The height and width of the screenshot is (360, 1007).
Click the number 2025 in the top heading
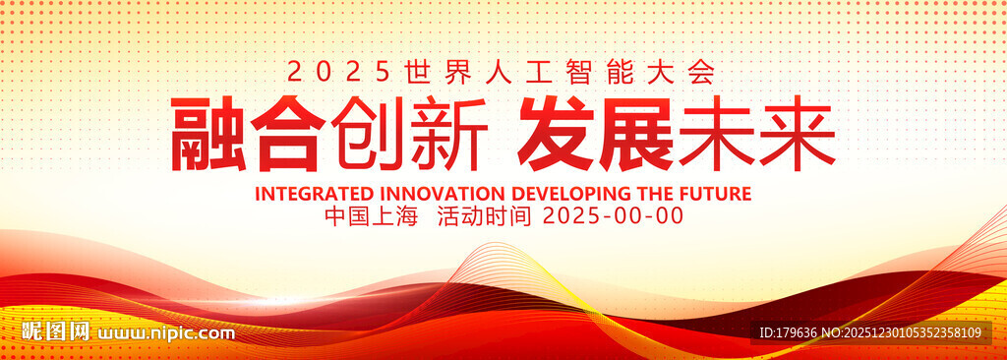tap(338, 72)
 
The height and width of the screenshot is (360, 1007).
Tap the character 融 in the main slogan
tap(207, 133)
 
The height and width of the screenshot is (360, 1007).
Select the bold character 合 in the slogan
tap(284, 133)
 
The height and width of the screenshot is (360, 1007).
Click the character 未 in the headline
tap(716, 133)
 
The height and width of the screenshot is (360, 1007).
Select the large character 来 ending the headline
tap(797, 133)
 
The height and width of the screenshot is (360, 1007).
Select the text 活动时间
tap(484, 216)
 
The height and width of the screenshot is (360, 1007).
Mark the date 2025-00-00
tap(614, 216)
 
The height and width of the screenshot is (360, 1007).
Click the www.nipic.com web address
tap(165, 333)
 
